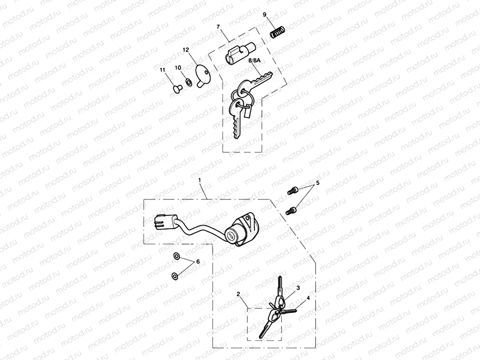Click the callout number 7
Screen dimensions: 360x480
218,27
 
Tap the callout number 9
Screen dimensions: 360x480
264,15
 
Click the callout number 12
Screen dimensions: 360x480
186,50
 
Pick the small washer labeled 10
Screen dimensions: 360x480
187,80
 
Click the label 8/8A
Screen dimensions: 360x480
255,61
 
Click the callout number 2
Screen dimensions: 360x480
239,294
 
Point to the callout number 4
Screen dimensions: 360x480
308,298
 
